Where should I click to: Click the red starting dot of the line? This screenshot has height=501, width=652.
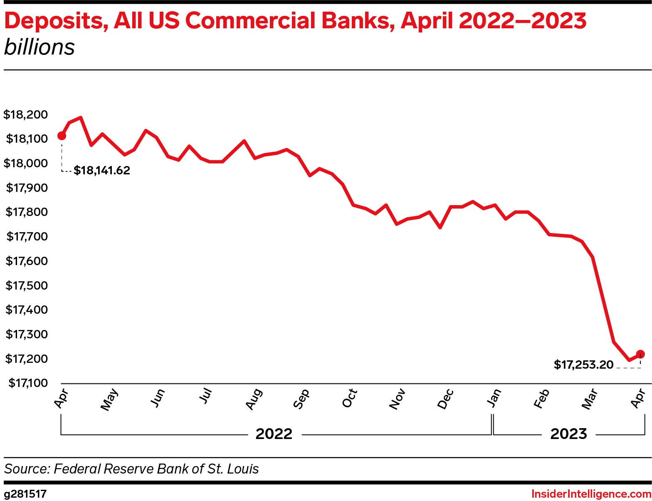point(62,136)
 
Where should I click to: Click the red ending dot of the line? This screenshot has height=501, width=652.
point(640,354)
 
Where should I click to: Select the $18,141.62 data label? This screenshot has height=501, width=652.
point(102,171)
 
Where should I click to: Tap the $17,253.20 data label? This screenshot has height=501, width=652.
point(583,365)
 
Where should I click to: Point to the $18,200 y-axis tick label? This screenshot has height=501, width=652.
point(25,114)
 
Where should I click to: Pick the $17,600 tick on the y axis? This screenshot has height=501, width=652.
point(27,261)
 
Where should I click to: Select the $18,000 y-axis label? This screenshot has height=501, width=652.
point(25,163)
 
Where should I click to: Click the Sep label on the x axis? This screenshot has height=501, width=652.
point(301,399)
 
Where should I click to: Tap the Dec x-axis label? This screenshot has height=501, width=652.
point(445,399)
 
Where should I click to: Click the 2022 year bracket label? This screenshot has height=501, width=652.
point(274,434)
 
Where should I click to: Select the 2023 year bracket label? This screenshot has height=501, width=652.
point(568,434)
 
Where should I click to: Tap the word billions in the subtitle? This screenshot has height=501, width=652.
point(40,47)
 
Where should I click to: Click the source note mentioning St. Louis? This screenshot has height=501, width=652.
point(131,469)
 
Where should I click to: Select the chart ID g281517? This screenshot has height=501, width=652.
point(25,494)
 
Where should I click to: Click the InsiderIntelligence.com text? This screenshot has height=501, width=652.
point(591,494)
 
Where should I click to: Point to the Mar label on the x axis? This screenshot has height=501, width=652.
point(590,399)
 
